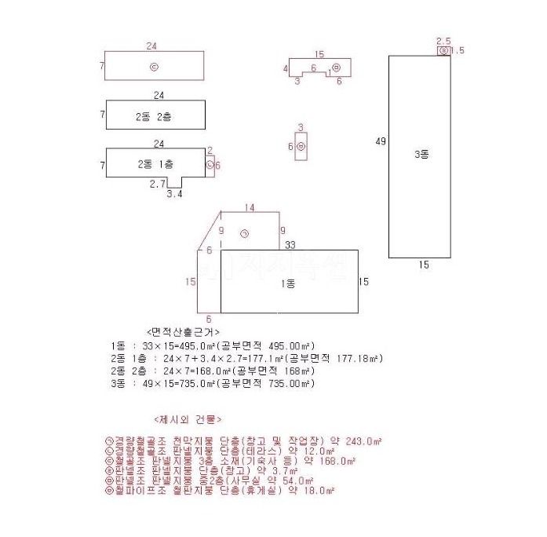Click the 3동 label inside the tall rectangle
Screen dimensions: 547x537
pyautogui.click(x=421, y=155)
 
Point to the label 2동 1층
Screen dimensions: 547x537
pyautogui.click(x=156, y=164)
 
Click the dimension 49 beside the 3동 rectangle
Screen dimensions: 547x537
pyautogui.click(x=381, y=141)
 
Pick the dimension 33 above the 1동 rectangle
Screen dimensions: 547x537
pyautogui.click(x=290, y=245)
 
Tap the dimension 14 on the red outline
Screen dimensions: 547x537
pyautogui.click(x=250, y=207)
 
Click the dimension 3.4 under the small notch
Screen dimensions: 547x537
pyautogui.click(x=174, y=192)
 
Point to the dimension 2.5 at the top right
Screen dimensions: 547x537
pyautogui.click(x=443, y=40)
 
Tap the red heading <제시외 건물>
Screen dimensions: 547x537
pyautogui.click(x=188, y=419)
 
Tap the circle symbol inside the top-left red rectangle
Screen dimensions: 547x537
pyautogui.click(x=154, y=67)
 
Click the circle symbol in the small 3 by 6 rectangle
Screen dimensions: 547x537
pyautogui.click(x=301, y=145)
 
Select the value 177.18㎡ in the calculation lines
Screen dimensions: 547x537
pyautogui.click(x=361, y=358)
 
